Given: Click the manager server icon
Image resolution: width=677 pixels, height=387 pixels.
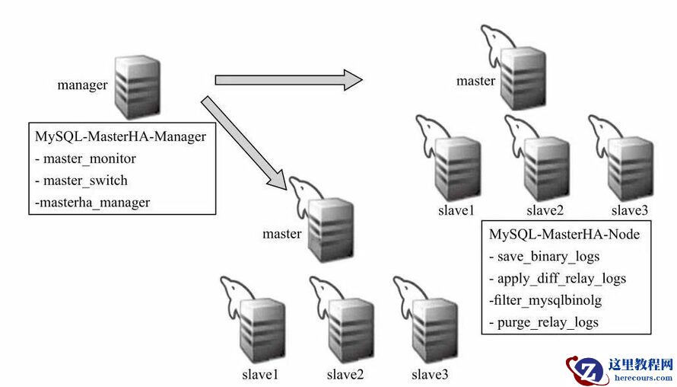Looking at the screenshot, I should coord(138,86).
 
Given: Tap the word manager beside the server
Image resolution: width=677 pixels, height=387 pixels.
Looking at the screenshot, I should coord(82,85).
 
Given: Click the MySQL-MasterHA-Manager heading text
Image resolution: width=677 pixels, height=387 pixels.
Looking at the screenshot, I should coord(120,137).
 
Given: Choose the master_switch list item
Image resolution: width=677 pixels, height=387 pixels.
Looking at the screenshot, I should coord(81,181).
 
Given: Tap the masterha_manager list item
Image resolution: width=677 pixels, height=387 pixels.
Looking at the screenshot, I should coord(92,202).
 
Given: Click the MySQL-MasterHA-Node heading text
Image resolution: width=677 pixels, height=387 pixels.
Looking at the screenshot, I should coord(564,235).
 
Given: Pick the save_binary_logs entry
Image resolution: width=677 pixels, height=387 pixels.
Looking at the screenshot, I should coord(544,256).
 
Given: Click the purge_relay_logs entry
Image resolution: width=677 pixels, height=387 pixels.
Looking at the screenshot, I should coord(543,321).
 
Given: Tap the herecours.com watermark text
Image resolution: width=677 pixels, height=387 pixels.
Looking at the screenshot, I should coord(640,377).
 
